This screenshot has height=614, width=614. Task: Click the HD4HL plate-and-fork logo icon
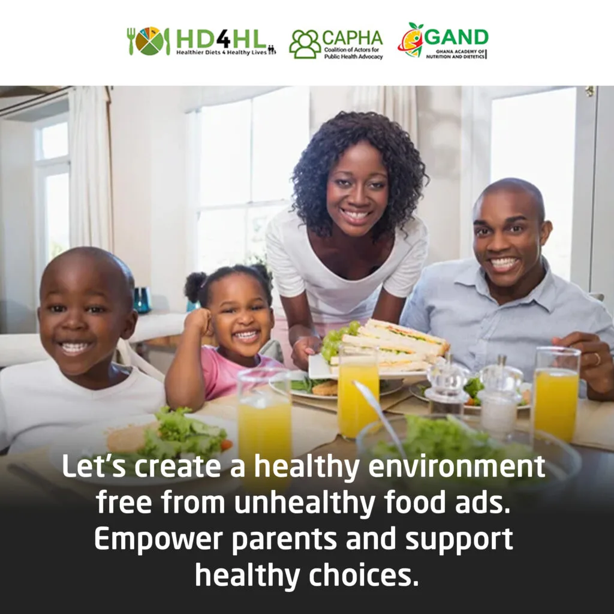click(x=149, y=41)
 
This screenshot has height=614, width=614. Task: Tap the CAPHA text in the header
click(x=352, y=38)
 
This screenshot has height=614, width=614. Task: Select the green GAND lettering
click(x=456, y=37)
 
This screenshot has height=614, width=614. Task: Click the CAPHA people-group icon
click(x=305, y=44)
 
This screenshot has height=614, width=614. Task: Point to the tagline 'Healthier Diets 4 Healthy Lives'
click(x=222, y=52)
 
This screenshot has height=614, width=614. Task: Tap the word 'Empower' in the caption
click(x=158, y=540)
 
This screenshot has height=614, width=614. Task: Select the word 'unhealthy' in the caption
click(x=305, y=503)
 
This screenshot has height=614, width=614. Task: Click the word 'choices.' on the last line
click(x=364, y=575)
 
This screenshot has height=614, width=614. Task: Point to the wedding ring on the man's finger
click(x=596, y=359)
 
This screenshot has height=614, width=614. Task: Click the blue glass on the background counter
click(x=142, y=300)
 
